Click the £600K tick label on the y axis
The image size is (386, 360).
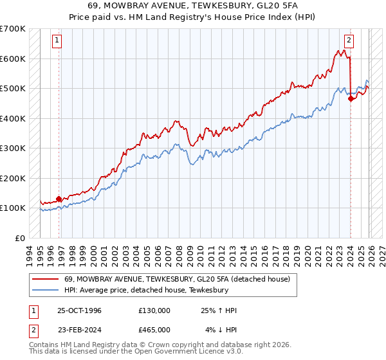(13, 59)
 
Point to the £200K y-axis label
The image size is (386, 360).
(13, 178)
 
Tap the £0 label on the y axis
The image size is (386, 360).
(20, 238)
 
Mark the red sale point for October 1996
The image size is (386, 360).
(59, 199)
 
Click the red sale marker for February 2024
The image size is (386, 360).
(351, 99)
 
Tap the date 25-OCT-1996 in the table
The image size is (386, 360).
(79, 310)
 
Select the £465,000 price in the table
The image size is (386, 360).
(154, 329)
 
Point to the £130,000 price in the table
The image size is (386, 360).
(154, 310)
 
